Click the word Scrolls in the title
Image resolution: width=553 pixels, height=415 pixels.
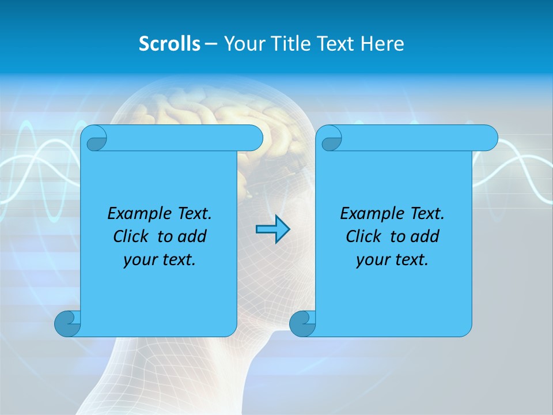(169, 44)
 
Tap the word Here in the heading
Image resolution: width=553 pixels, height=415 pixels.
(382, 44)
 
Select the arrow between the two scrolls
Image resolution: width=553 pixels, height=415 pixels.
(272, 229)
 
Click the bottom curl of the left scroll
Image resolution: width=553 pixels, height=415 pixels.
(67, 323)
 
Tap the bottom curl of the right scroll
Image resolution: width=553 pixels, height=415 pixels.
(302, 323)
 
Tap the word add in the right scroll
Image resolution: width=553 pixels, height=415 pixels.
(426, 237)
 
